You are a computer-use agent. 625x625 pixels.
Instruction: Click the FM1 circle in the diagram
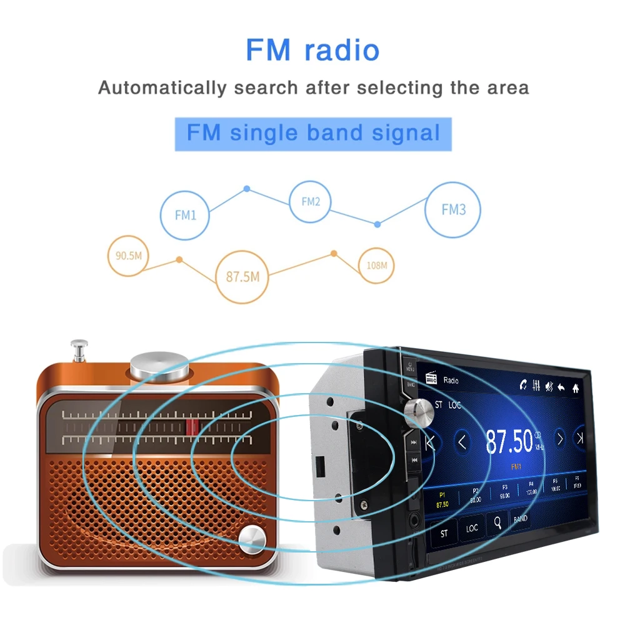[x=186, y=214]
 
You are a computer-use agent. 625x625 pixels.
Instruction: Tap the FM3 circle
[x=453, y=209]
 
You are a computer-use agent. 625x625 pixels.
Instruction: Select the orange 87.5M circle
[x=242, y=276]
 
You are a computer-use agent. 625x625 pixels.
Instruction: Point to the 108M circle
[x=377, y=265]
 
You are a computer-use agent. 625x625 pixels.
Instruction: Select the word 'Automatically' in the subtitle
[x=162, y=87]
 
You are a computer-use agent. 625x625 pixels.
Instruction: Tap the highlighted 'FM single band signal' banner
[x=312, y=133]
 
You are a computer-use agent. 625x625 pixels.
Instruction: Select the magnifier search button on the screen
[x=497, y=524]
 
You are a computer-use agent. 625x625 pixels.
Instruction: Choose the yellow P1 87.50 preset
[x=442, y=499]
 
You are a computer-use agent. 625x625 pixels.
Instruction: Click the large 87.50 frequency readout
[x=509, y=441]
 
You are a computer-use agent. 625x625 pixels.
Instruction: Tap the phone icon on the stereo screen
[x=522, y=385]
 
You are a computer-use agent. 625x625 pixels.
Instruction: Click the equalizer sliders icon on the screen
[x=536, y=386]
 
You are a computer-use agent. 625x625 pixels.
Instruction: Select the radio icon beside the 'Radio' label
[x=431, y=379]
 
